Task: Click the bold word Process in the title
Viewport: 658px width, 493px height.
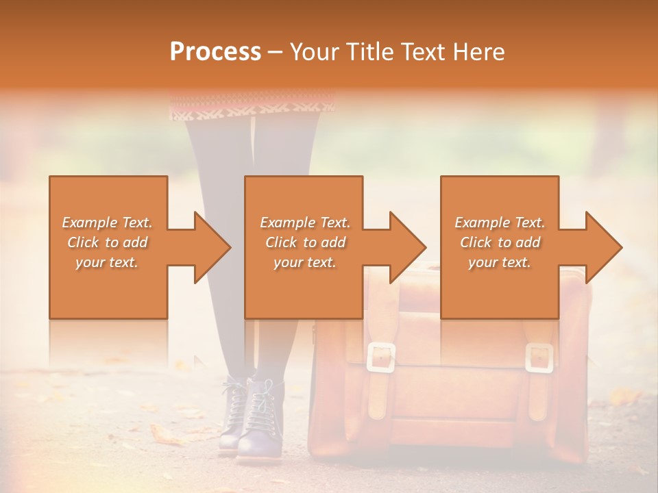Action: pos(215,52)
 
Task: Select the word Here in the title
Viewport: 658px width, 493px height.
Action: pos(478,52)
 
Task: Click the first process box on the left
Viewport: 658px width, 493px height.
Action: pos(108,247)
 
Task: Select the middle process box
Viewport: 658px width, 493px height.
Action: pos(304,247)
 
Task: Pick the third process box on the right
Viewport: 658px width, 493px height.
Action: pos(500,247)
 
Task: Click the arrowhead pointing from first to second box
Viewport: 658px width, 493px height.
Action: pos(212,247)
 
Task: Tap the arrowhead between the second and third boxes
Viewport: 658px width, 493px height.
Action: pos(408,247)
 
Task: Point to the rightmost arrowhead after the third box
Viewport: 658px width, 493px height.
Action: pos(604,247)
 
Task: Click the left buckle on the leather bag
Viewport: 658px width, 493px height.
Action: pos(381,357)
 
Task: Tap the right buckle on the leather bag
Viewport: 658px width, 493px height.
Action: pos(539,357)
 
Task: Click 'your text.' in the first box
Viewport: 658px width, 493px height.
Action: pos(107,262)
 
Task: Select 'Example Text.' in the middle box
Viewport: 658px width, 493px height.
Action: pos(305,223)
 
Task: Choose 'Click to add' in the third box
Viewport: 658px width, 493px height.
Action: pos(500,242)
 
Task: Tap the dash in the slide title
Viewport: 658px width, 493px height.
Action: pos(275,52)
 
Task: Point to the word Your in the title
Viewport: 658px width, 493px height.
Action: pos(313,52)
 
